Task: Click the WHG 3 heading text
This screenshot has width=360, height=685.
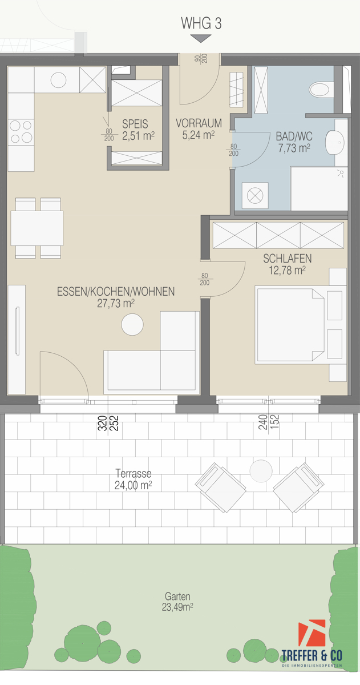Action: (201, 23)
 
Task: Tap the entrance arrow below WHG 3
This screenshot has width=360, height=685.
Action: (201, 39)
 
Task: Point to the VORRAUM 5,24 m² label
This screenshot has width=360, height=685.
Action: (195, 129)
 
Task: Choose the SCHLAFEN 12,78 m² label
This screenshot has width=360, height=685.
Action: (288, 264)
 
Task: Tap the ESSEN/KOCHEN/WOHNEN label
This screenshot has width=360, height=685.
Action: (116, 297)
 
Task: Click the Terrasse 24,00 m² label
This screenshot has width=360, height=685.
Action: (134, 479)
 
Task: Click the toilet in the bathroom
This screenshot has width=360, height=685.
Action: (320, 89)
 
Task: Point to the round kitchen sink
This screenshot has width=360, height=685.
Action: (59, 80)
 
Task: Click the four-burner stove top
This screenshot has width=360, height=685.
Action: (21, 132)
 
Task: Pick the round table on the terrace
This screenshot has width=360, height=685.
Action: (261, 471)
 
